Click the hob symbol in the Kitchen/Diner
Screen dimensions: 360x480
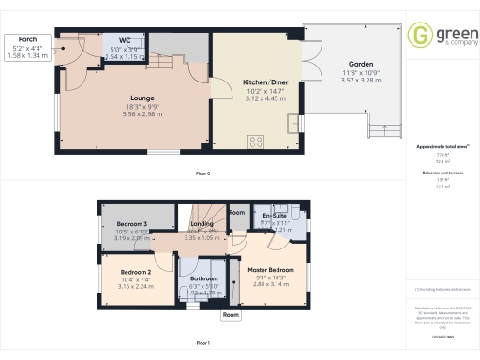[x=255, y=142]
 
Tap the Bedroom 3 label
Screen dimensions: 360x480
[x=134, y=224]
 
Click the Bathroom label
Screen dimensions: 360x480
[x=203, y=278]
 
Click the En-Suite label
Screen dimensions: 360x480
[x=275, y=217]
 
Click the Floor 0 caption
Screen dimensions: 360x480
[x=202, y=173]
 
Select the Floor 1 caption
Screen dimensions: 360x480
[x=202, y=344]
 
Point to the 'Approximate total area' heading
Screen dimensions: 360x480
[x=440, y=147]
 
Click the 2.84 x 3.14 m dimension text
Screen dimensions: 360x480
[x=272, y=286]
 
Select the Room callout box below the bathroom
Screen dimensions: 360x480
[x=231, y=315]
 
